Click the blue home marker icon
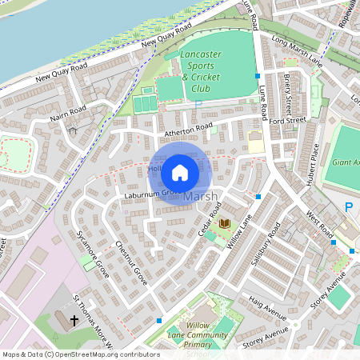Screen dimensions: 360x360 click(x=180, y=171)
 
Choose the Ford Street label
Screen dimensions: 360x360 click(x=288, y=121)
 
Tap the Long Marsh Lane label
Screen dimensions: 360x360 click(x=297, y=50)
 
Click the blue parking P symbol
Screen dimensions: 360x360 click(x=348, y=207)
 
